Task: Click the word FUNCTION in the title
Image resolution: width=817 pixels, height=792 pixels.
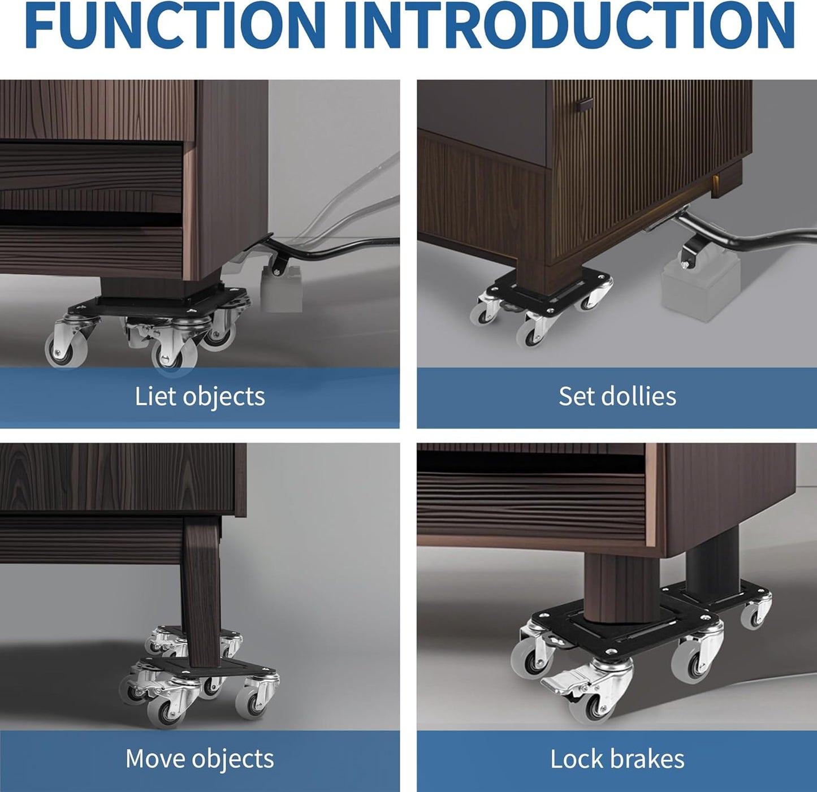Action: pyautogui.click(x=175, y=25)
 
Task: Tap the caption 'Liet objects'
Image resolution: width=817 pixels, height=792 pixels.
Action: pyautogui.click(x=200, y=396)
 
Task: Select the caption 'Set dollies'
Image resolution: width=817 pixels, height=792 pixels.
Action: pyautogui.click(x=617, y=396)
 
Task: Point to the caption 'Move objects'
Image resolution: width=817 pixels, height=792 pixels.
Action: pyautogui.click(x=200, y=759)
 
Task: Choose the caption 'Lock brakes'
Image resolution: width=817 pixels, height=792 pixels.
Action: pyautogui.click(x=617, y=759)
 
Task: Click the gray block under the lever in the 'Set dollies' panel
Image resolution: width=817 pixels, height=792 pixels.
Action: pyautogui.click(x=700, y=288)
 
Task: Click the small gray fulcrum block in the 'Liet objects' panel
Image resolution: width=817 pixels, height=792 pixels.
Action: pyautogui.click(x=281, y=292)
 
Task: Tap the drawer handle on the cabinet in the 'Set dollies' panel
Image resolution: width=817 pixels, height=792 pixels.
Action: pyautogui.click(x=585, y=105)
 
